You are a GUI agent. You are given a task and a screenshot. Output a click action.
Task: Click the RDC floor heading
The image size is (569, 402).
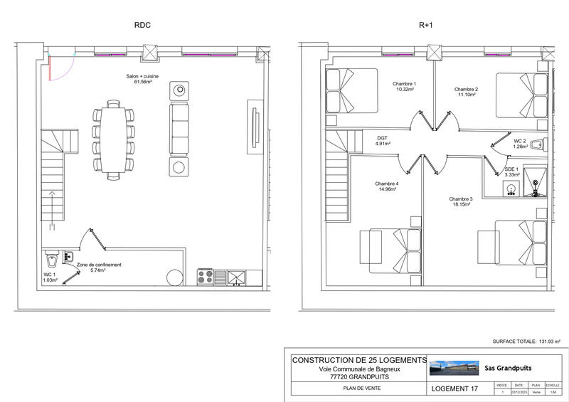click(142, 25)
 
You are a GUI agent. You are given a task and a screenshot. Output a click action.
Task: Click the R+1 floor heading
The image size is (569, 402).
click(426, 25)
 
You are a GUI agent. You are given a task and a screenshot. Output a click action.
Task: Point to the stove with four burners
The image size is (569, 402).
click(205, 276)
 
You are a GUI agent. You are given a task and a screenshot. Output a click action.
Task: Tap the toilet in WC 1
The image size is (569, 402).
click(50, 256)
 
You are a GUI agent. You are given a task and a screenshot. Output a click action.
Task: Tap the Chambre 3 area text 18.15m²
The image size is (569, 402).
click(461, 205)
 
